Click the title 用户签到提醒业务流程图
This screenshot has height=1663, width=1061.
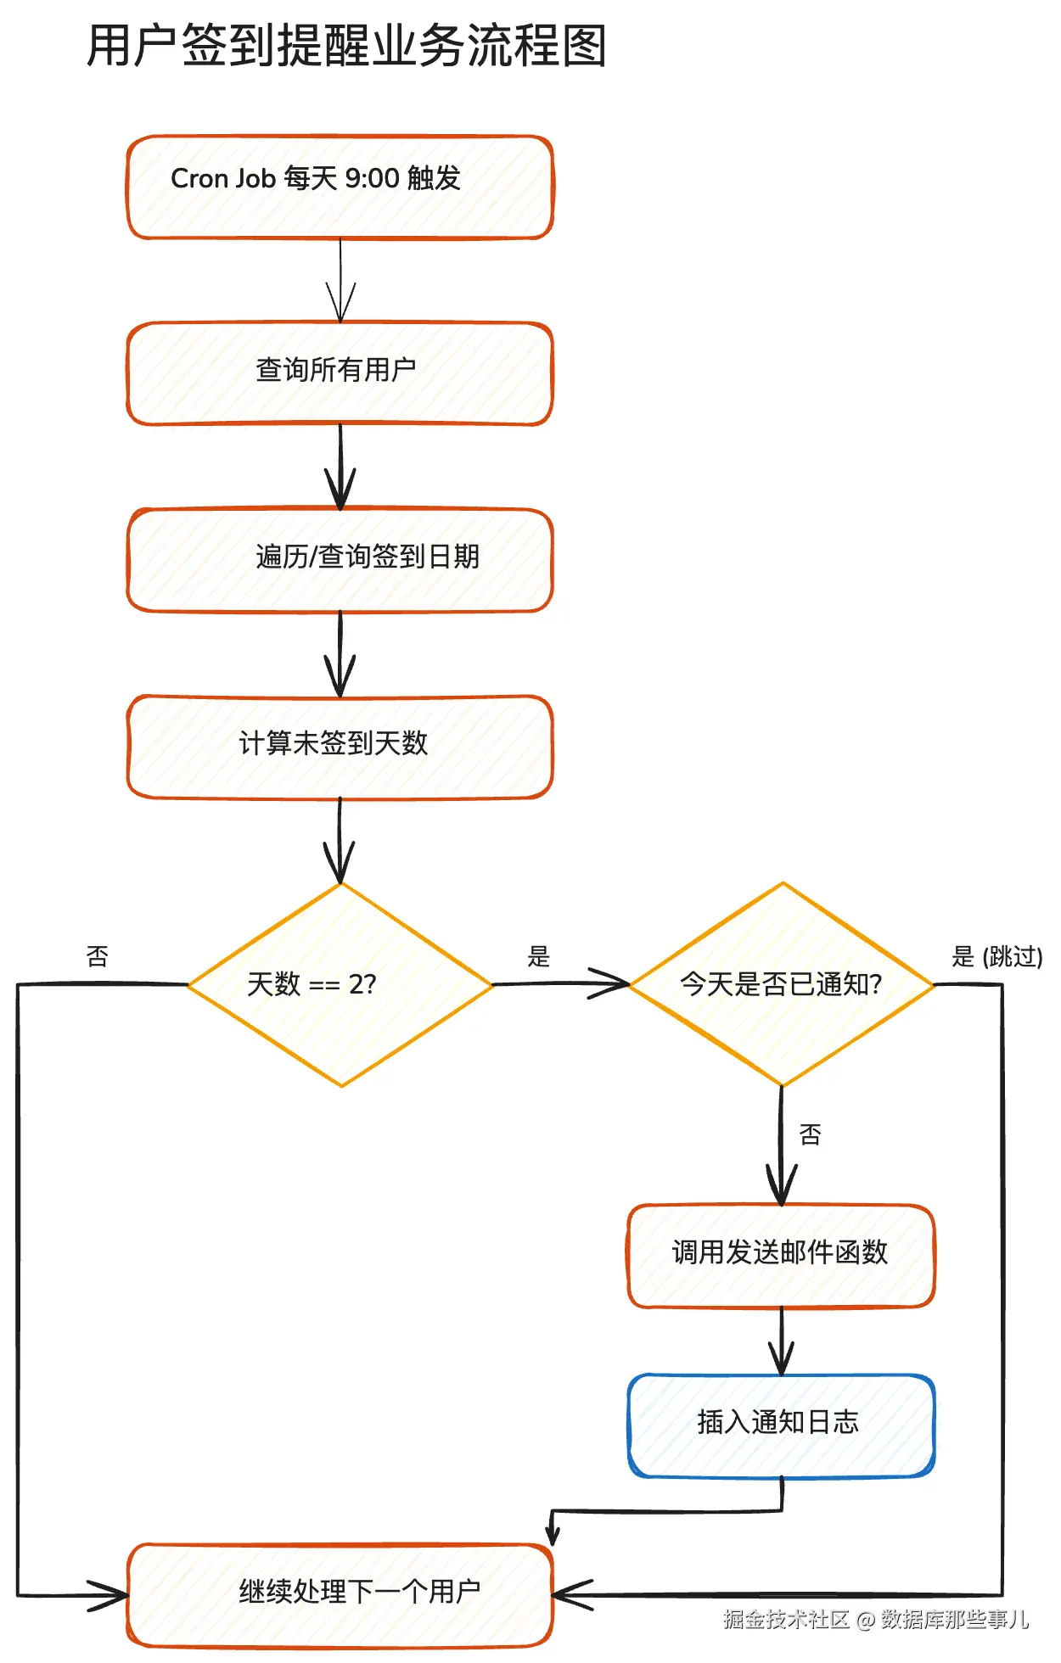point(347,46)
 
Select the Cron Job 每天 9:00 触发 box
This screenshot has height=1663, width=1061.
point(340,188)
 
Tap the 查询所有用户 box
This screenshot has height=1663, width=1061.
point(340,373)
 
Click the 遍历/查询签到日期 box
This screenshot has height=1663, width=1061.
point(340,560)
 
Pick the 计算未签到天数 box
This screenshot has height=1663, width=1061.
point(340,747)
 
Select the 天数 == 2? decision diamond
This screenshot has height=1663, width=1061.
point(340,984)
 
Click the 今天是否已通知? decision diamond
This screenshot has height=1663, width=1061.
point(782,984)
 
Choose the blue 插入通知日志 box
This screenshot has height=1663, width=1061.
point(782,1425)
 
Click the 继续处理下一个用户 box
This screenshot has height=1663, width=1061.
point(340,1595)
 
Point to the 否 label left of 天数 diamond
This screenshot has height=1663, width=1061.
point(98,956)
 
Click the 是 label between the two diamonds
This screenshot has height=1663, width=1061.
point(539,956)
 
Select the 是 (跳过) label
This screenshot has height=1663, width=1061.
point(997,956)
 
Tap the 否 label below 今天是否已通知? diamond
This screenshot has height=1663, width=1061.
point(811,1134)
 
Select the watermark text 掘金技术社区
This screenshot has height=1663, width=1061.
point(787,1619)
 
